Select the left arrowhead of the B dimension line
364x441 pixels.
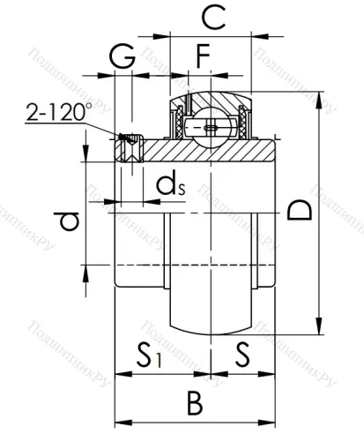[121, 420]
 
